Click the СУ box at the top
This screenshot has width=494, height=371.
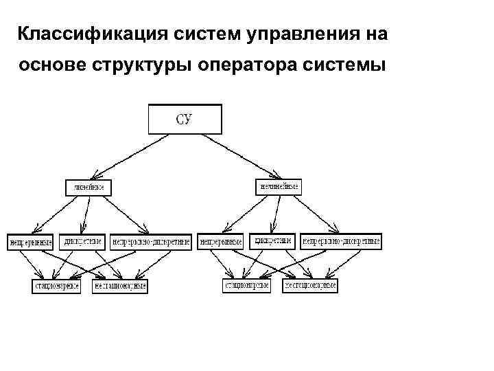coord(185,118)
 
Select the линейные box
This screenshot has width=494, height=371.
coord(89,188)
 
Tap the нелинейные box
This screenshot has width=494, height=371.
coord(279,187)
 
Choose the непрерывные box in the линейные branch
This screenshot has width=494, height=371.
coord(30,242)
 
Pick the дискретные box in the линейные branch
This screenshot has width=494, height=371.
coord(83,241)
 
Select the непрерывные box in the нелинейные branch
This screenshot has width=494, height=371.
coord(221,242)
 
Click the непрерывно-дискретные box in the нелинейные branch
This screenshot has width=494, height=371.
coord(340,242)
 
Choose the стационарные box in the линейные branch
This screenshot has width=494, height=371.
coord(57,285)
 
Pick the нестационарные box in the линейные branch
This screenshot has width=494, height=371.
coord(119,285)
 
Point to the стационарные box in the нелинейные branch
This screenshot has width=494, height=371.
coord(247,284)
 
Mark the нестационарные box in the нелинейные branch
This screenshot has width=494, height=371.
coord(309,284)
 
